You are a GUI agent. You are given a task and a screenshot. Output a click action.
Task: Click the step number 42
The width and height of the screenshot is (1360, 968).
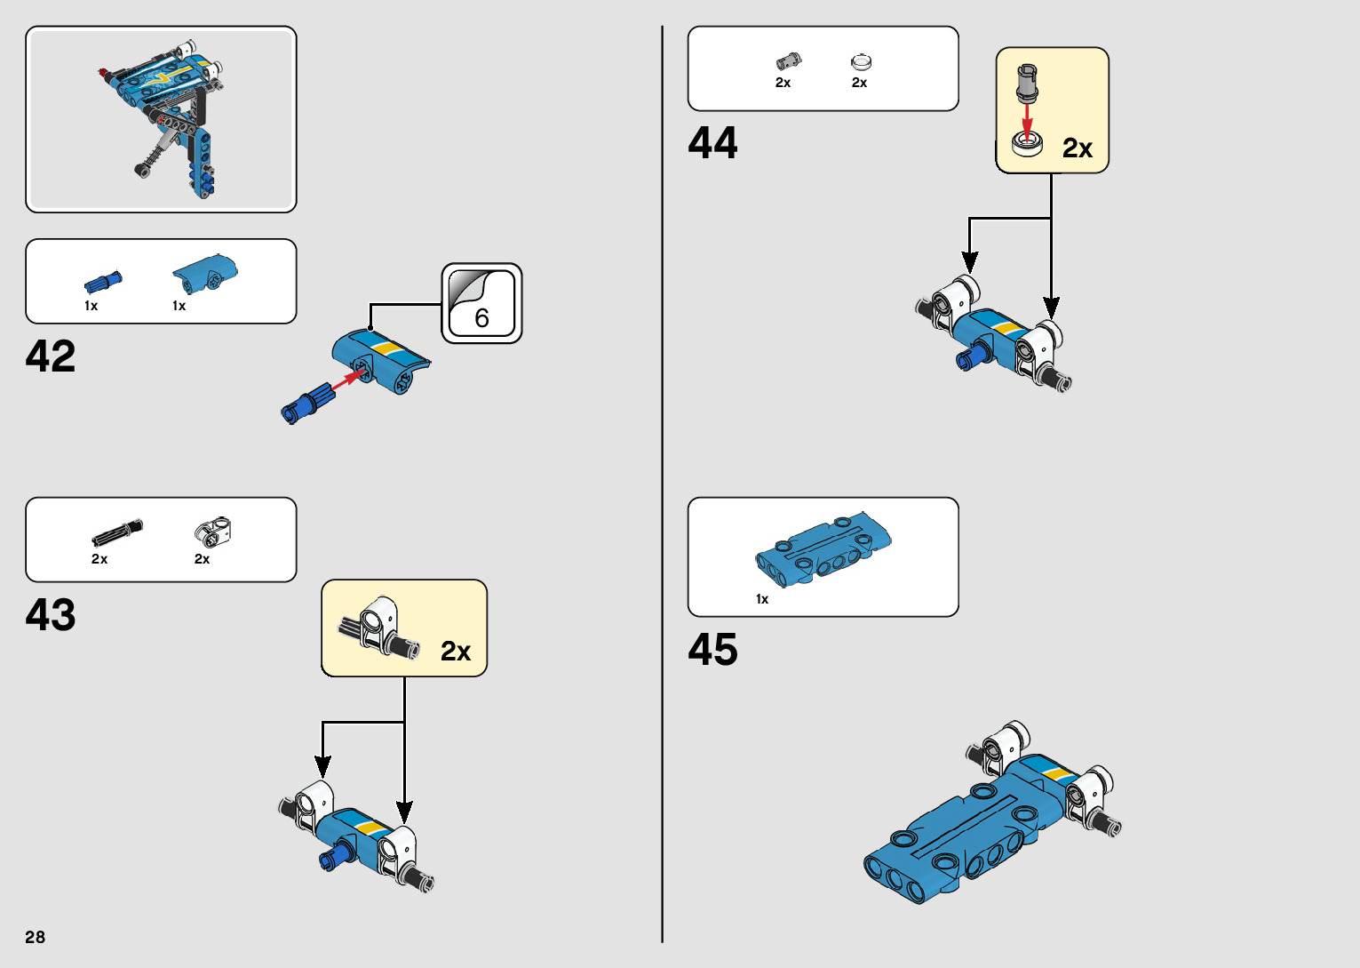51,356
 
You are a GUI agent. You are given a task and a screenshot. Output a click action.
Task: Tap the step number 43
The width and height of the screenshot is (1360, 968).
51,614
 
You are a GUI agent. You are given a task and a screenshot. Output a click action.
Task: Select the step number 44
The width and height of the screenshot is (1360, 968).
712,143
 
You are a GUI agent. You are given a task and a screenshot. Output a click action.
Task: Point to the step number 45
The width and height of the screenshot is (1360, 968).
712,650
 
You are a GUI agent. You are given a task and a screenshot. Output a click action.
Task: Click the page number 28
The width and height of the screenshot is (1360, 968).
36,937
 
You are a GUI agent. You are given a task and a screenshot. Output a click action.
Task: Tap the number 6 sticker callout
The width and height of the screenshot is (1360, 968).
481,304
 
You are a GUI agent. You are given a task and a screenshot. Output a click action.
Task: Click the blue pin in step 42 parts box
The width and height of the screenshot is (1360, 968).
103,282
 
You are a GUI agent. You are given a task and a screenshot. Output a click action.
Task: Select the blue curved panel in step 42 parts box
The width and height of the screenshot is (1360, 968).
205,273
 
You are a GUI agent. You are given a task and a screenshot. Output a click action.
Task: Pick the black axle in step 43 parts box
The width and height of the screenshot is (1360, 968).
116,532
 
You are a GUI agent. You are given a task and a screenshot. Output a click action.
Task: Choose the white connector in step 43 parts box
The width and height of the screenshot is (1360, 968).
213,532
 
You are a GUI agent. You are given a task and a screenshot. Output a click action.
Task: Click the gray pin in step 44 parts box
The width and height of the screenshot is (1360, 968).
788,61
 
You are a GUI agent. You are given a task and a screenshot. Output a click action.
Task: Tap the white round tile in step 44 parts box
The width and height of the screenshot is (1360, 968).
861,62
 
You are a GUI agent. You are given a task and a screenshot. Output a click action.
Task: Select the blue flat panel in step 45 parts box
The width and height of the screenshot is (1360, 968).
823,548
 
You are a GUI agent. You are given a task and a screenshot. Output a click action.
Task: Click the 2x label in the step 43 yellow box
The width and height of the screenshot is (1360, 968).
456,652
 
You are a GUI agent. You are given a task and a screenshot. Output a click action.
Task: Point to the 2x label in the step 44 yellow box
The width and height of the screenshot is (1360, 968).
1078,148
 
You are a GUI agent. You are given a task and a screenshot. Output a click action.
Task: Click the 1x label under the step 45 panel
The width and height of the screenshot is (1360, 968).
762,599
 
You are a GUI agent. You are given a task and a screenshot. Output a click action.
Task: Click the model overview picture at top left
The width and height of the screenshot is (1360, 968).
161,119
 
